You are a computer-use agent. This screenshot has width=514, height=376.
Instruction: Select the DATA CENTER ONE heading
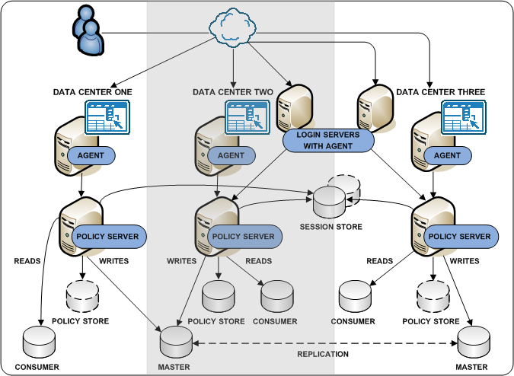pos(92,92)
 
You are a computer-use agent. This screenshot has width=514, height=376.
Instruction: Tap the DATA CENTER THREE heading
pos(440,92)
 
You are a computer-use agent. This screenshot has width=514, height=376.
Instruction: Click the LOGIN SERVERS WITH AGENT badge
pos(328,140)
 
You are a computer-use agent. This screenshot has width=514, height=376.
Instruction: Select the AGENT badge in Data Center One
pos(91,155)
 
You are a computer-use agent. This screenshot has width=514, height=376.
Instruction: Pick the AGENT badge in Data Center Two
pos(231,155)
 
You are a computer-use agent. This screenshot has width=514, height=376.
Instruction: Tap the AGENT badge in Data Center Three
pos(447,155)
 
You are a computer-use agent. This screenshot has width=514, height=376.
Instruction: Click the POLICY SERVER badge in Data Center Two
pos(243,237)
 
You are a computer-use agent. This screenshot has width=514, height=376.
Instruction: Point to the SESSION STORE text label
pos(330,227)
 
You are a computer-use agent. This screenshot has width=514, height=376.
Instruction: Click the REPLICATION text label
pos(324,354)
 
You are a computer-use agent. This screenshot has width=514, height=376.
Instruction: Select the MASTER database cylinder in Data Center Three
pos(471,342)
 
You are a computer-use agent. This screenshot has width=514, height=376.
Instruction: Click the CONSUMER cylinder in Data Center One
pos(39,342)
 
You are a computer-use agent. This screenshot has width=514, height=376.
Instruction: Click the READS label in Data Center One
pos(27,261)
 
